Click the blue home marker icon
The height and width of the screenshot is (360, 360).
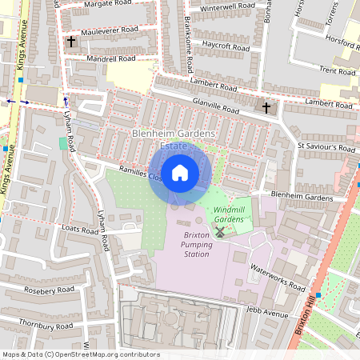[180, 172]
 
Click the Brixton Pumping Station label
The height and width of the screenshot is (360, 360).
[196, 244]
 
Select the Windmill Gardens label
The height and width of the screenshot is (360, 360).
[228, 214]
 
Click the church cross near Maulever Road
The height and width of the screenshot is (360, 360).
[71, 41]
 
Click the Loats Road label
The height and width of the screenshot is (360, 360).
[79, 230]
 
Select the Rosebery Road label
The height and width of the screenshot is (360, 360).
[50, 289]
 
